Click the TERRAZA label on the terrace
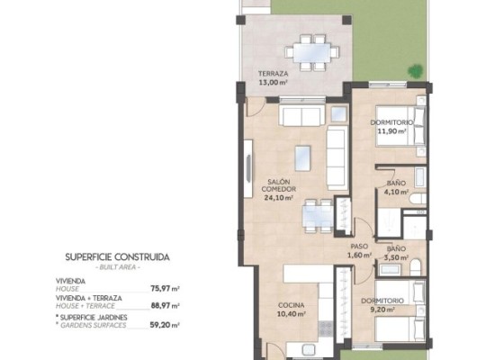(273, 74)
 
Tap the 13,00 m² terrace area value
(273, 82)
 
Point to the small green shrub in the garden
(414, 69)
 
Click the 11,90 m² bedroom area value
(392, 130)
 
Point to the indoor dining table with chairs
(311, 213)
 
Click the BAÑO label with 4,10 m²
(396, 183)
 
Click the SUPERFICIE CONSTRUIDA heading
(116, 256)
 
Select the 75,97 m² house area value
(164, 289)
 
